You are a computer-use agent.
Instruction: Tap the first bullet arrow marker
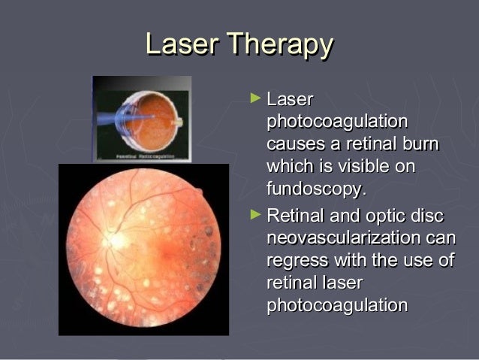click(x=256, y=98)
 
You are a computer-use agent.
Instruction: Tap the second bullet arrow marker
click(x=256, y=216)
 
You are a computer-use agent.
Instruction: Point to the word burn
click(x=420, y=144)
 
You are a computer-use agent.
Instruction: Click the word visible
click(x=360, y=166)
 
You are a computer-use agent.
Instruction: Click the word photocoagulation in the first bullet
click(x=337, y=122)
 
